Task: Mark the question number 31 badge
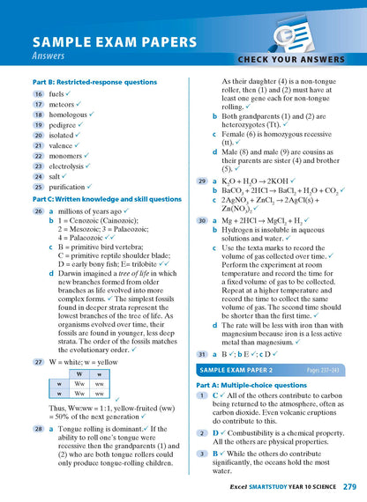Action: click(202, 354)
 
